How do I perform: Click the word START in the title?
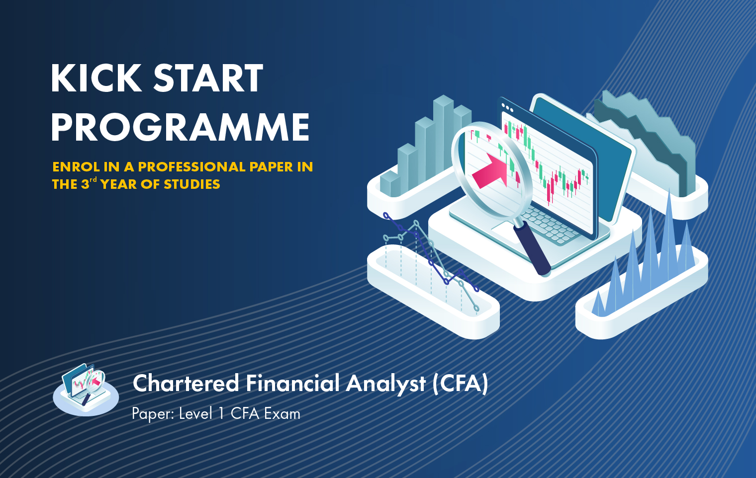pos(208,78)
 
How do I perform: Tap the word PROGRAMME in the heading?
pos(180,127)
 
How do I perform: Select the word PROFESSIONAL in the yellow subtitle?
pos(191,167)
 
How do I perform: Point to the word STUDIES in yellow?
pos(192,184)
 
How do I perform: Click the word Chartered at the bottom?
pos(186,384)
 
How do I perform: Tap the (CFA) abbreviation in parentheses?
pos(461,384)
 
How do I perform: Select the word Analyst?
pos(386,385)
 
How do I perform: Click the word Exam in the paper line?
pos(282,414)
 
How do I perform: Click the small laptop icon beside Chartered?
pos(86,390)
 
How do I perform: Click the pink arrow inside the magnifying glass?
pos(490,171)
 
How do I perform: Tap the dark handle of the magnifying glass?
pos(532,249)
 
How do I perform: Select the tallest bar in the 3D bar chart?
pos(443,135)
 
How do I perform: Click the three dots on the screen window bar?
pos(508,108)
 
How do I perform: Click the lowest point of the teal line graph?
pos(476,308)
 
